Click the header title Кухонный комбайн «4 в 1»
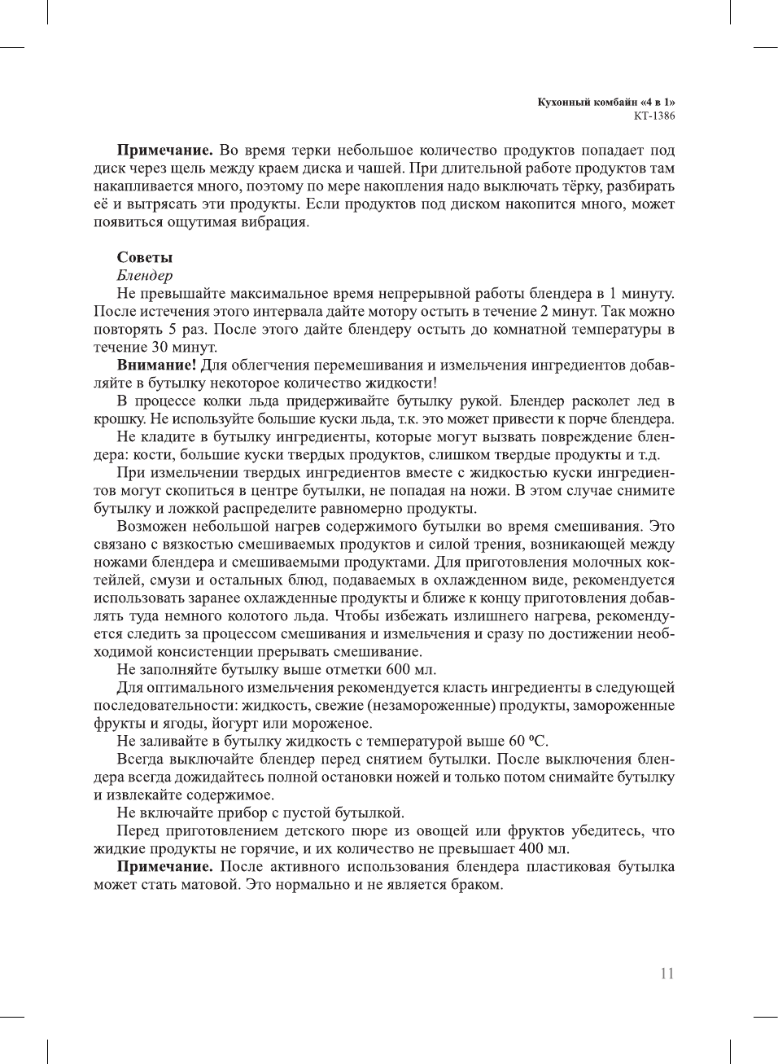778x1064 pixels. [x=606, y=102]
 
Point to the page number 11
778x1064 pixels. [x=667, y=974]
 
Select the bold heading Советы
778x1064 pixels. [x=145, y=257]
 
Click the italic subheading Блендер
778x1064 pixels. [x=145, y=275]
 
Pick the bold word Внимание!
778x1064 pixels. [x=156, y=365]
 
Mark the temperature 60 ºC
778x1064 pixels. [x=529, y=741]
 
